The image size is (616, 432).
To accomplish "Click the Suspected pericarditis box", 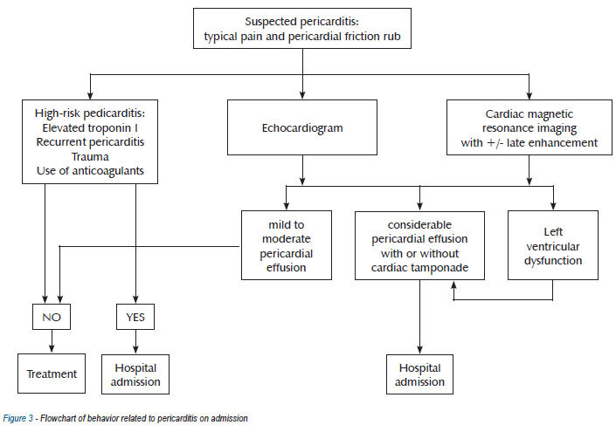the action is pos(302,28).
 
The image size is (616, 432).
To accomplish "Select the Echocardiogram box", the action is pos(302,127).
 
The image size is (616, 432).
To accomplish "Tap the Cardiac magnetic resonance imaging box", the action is pos(529,127).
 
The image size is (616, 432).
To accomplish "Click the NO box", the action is pos(52,317).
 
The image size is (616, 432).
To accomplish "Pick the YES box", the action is pos(135,317).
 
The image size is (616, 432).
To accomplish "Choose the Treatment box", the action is pos(52,374).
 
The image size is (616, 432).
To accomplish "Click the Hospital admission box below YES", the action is pos(135,374).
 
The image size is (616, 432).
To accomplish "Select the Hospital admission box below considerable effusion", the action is pos(419,374).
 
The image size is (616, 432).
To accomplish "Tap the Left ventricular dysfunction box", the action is pos(553,245).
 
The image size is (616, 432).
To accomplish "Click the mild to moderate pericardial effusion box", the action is pos(287,245).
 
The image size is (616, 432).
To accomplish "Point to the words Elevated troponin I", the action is pos(90,128).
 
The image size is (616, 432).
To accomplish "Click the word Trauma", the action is pos(90,156).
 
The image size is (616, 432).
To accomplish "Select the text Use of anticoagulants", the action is pos(90,171).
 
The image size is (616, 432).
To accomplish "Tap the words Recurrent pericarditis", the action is pos(90,142).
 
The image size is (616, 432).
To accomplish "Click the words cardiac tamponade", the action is pos(419,268).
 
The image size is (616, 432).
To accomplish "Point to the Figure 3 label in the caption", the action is pos(18,418).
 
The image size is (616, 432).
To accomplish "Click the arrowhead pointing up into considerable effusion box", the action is pos(453,285).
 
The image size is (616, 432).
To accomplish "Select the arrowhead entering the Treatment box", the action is pos(52,349).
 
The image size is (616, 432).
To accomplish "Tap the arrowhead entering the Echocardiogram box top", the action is pos(302,95).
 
